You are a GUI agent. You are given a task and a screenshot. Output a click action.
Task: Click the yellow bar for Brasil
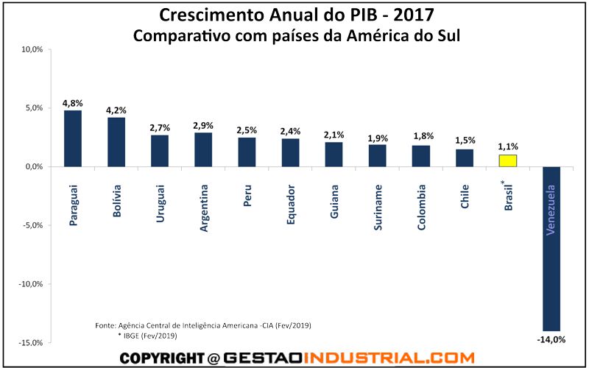pyautogui.click(x=507, y=160)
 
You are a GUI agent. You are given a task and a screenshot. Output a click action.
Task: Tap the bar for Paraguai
pyautogui.click(x=73, y=138)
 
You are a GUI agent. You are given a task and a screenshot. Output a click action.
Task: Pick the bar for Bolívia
pyautogui.click(x=116, y=142)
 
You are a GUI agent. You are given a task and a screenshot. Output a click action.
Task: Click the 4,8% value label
pyautogui.click(x=73, y=102)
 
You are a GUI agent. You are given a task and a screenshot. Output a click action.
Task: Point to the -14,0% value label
pyautogui.click(x=551, y=339)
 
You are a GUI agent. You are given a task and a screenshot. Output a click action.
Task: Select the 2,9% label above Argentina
pyautogui.click(x=203, y=125)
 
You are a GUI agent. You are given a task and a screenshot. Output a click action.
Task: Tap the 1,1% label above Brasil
pyautogui.click(x=507, y=146)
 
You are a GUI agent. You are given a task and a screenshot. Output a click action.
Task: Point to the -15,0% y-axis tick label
pyautogui.click(x=32, y=342)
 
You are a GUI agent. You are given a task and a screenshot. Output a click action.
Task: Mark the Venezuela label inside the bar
pyautogui.click(x=551, y=210)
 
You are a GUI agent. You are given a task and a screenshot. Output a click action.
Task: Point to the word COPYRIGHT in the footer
pyautogui.click(x=161, y=358)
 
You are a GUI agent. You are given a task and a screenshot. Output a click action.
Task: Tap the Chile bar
pyautogui.click(x=465, y=158)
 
